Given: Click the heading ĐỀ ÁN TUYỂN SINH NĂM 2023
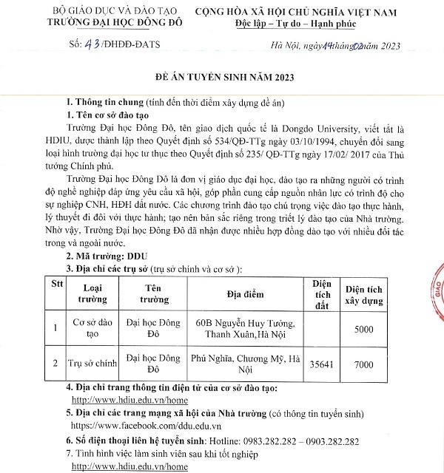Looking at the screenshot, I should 221,76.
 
